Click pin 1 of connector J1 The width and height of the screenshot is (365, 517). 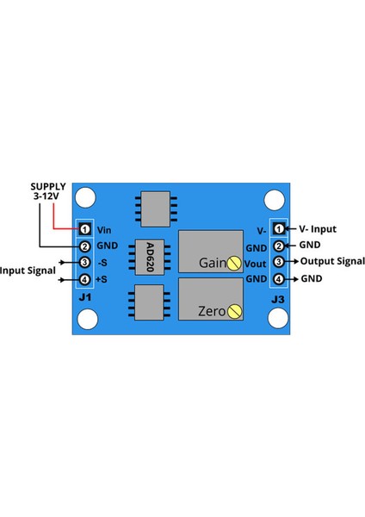pos(85,229)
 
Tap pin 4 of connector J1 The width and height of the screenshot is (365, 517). pos(85,279)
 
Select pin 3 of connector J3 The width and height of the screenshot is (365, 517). pos(279,262)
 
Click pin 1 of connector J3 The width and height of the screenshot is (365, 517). pos(279,229)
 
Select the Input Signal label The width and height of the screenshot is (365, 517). pos(28,271)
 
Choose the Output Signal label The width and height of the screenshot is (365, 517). pos(331,261)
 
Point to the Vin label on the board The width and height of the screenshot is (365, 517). pos(105,230)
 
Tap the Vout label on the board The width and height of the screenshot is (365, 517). pos(256,263)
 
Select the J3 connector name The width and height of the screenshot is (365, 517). pos(278,299)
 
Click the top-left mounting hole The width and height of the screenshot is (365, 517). pos(86,199)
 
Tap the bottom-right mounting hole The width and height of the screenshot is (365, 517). pos(276,318)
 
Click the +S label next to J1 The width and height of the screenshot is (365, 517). pos(102,279)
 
